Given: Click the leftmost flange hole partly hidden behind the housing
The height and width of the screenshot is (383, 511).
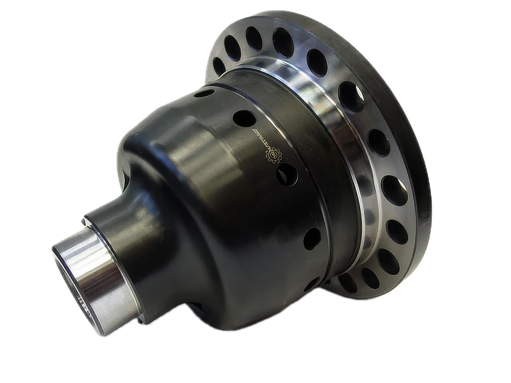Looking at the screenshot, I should coord(218,64).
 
